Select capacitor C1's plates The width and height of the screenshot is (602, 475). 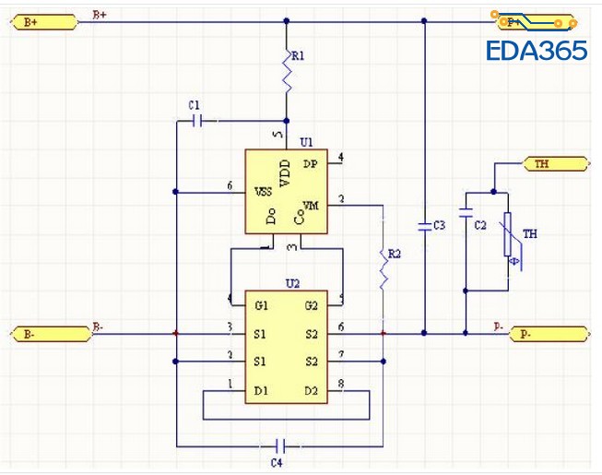point(195,120)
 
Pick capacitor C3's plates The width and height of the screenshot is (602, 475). point(424,225)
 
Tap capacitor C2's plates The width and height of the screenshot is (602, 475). point(466,225)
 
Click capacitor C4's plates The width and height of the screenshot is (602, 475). point(287,446)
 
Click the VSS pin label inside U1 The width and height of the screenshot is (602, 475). point(262,192)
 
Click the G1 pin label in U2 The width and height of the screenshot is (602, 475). point(263,305)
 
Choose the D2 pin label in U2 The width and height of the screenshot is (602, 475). point(313,392)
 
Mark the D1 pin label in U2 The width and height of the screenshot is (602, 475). point(262,392)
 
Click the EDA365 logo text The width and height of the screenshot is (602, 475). point(536,51)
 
